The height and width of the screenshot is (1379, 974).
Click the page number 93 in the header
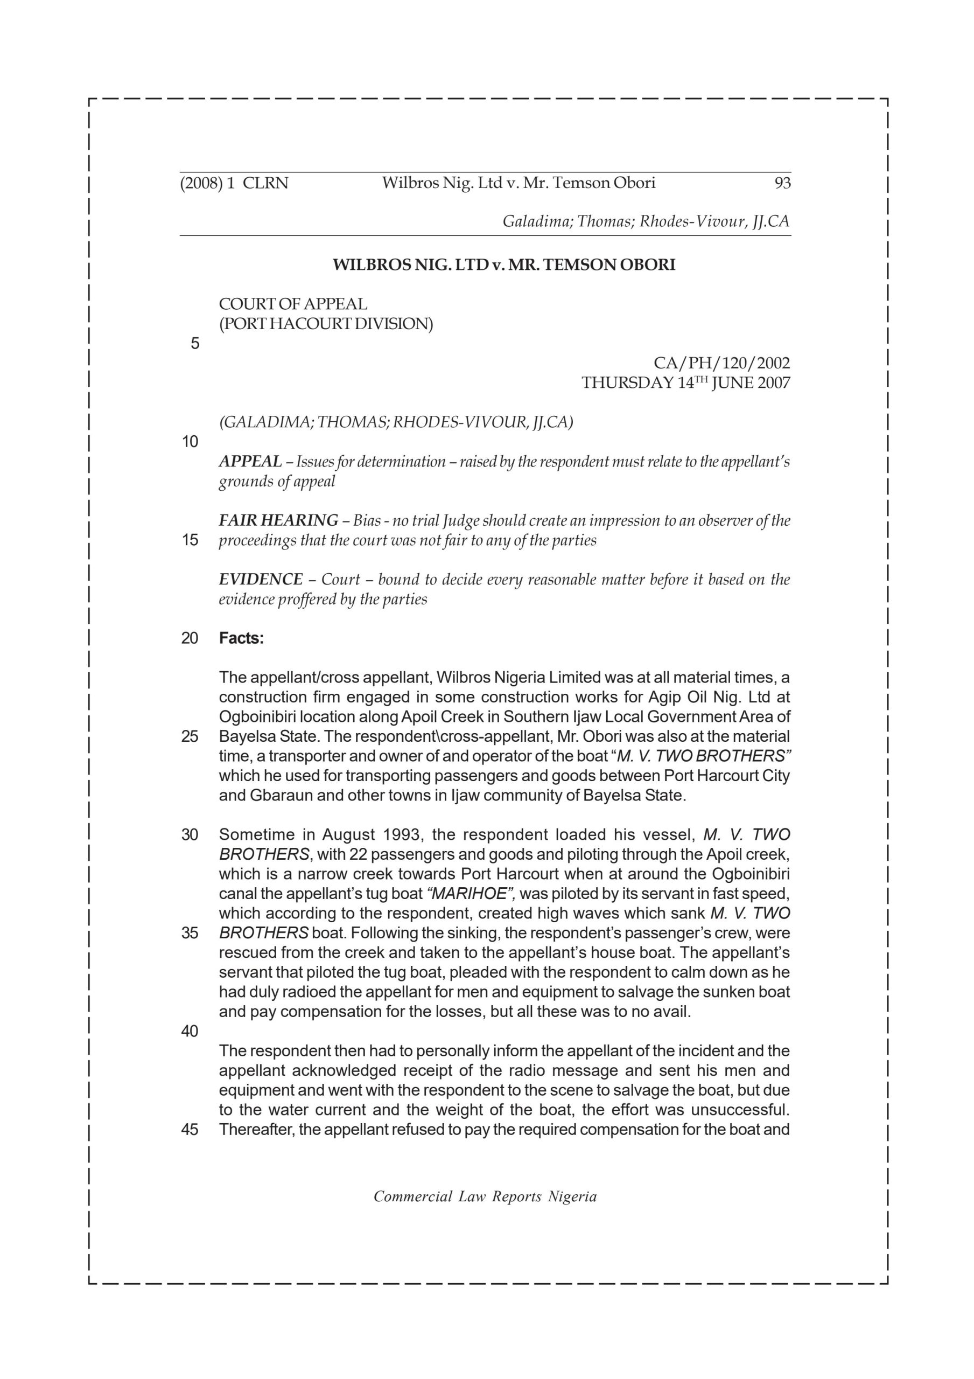pyautogui.click(x=782, y=183)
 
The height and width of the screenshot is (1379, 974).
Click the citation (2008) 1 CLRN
pyautogui.click(x=234, y=183)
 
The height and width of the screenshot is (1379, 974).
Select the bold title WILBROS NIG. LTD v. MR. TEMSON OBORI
pyautogui.click(x=504, y=265)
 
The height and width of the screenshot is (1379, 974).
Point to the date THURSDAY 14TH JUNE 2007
pyautogui.click(x=685, y=382)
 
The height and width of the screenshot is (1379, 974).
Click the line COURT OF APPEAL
pyautogui.click(x=293, y=304)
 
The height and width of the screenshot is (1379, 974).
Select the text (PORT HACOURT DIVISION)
pyautogui.click(x=325, y=324)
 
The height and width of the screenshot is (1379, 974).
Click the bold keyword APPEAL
pyautogui.click(x=250, y=461)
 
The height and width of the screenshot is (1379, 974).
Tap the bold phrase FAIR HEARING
pyautogui.click(x=278, y=520)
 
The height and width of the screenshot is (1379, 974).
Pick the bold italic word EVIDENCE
pyautogui.click(x=261, y=579)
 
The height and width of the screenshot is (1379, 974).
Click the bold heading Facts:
pyautogui.click(x=241, y=638)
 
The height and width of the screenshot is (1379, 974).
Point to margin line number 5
pyautogui.click(x=194, y=344)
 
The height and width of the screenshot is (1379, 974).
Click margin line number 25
pyautogui.click(x=190, y=736)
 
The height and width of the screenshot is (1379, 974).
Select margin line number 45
pyautogui.click(x=190, y=1129)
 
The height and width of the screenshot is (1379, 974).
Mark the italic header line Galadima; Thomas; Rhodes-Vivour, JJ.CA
pyautogui.click(x=646, y=221)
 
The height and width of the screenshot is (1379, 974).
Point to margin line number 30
pyautogui.click(x=190, y=834)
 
